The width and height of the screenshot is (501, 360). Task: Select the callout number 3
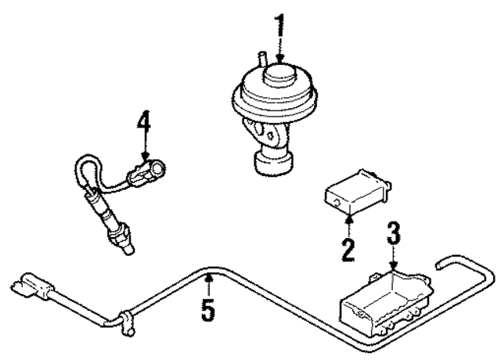click(394, 233)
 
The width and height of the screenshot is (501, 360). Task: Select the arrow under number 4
click(143, 150)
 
